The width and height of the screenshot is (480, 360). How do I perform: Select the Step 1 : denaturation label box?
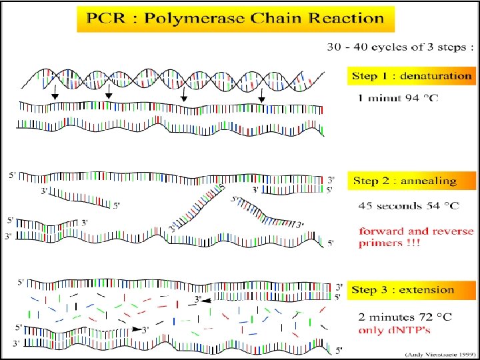tap(411, 75)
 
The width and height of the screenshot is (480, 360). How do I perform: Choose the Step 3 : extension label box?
tap(403, 290)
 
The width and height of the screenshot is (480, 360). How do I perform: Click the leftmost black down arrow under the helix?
tap(55, 97)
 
